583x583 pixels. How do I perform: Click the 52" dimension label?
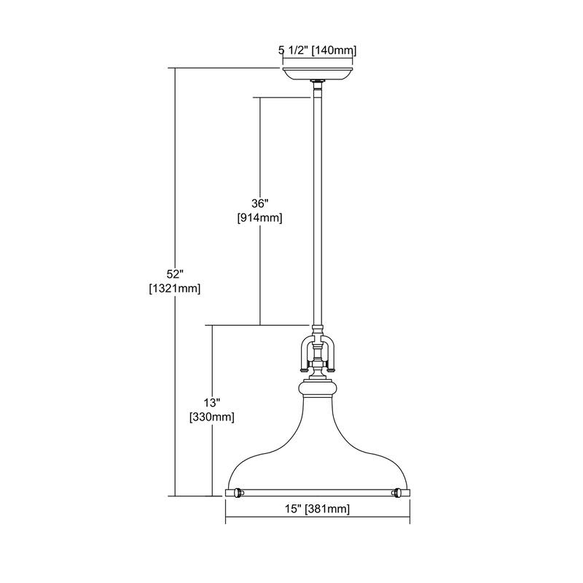175,275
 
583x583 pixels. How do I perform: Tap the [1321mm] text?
175,289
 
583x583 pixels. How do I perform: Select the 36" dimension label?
260,203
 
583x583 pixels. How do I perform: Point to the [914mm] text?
260,218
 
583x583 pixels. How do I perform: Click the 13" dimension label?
212,403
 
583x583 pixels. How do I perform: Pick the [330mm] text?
212,417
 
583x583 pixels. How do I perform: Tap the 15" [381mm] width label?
318,509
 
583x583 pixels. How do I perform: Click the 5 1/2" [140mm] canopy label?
318,50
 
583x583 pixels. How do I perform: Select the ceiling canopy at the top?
318,74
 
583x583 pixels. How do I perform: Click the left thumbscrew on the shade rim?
238,493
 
